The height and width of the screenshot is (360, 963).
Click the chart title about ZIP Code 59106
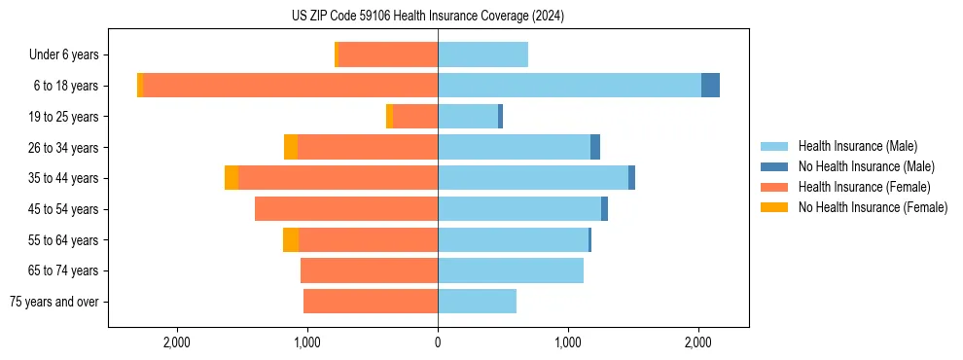(x=428, y=17)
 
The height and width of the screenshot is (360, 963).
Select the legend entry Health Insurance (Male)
(x=857, y=146)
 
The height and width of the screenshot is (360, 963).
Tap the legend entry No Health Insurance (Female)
(x=873, y=207)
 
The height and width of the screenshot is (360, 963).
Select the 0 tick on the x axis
(x=438, y=342)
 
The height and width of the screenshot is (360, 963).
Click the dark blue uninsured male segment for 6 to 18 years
(x=710, y=86)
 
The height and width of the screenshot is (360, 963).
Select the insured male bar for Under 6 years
(x=482, y=54)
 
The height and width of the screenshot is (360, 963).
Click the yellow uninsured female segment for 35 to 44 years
(x=232, y=178)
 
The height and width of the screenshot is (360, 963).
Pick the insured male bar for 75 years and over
(x=477, y=302)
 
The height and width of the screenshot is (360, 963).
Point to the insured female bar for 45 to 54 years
(x=346, y=209)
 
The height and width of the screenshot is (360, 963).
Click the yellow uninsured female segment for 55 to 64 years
(x=291, y=239)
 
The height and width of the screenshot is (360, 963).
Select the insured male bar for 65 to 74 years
(x=511, y=270)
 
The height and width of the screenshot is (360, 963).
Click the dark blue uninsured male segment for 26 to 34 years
(x=595, y=147)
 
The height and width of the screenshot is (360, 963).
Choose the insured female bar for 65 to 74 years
(x=370, y=270)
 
